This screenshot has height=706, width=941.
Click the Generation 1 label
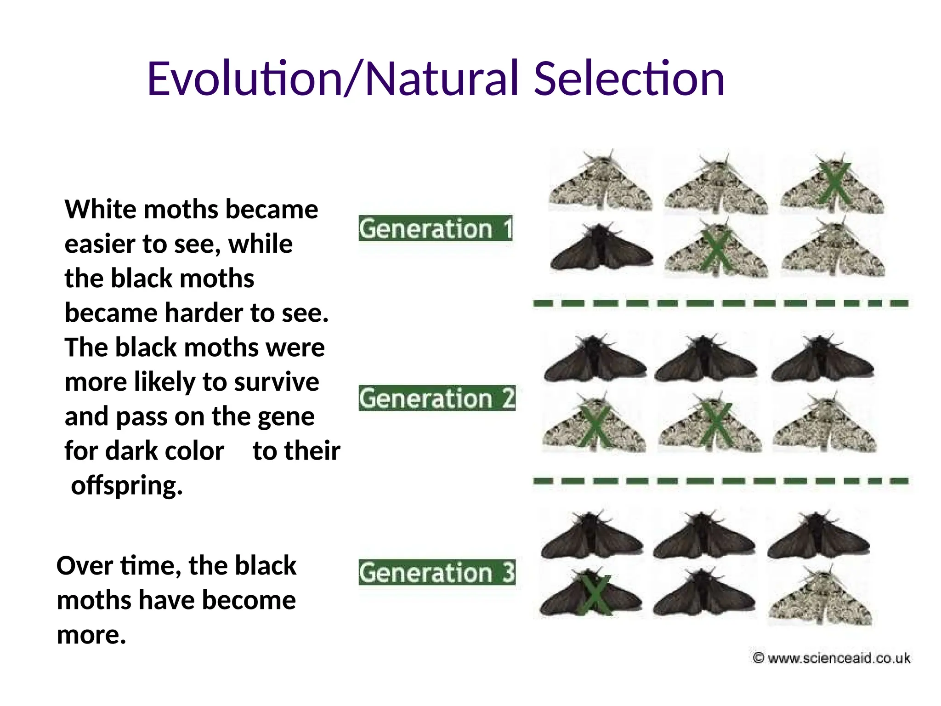tap(435, 228)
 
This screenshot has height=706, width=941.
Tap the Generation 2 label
tap(436, 398)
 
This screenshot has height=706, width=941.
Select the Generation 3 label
tap(436, 573)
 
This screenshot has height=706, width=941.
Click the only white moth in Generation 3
tap(820, 598)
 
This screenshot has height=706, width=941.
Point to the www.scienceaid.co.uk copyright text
tap(832, 658)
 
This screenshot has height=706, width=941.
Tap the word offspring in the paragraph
tap(127, 485)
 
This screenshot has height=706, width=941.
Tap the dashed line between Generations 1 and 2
tap(720, 303)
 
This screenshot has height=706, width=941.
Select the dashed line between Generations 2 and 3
tap(720, 481)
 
